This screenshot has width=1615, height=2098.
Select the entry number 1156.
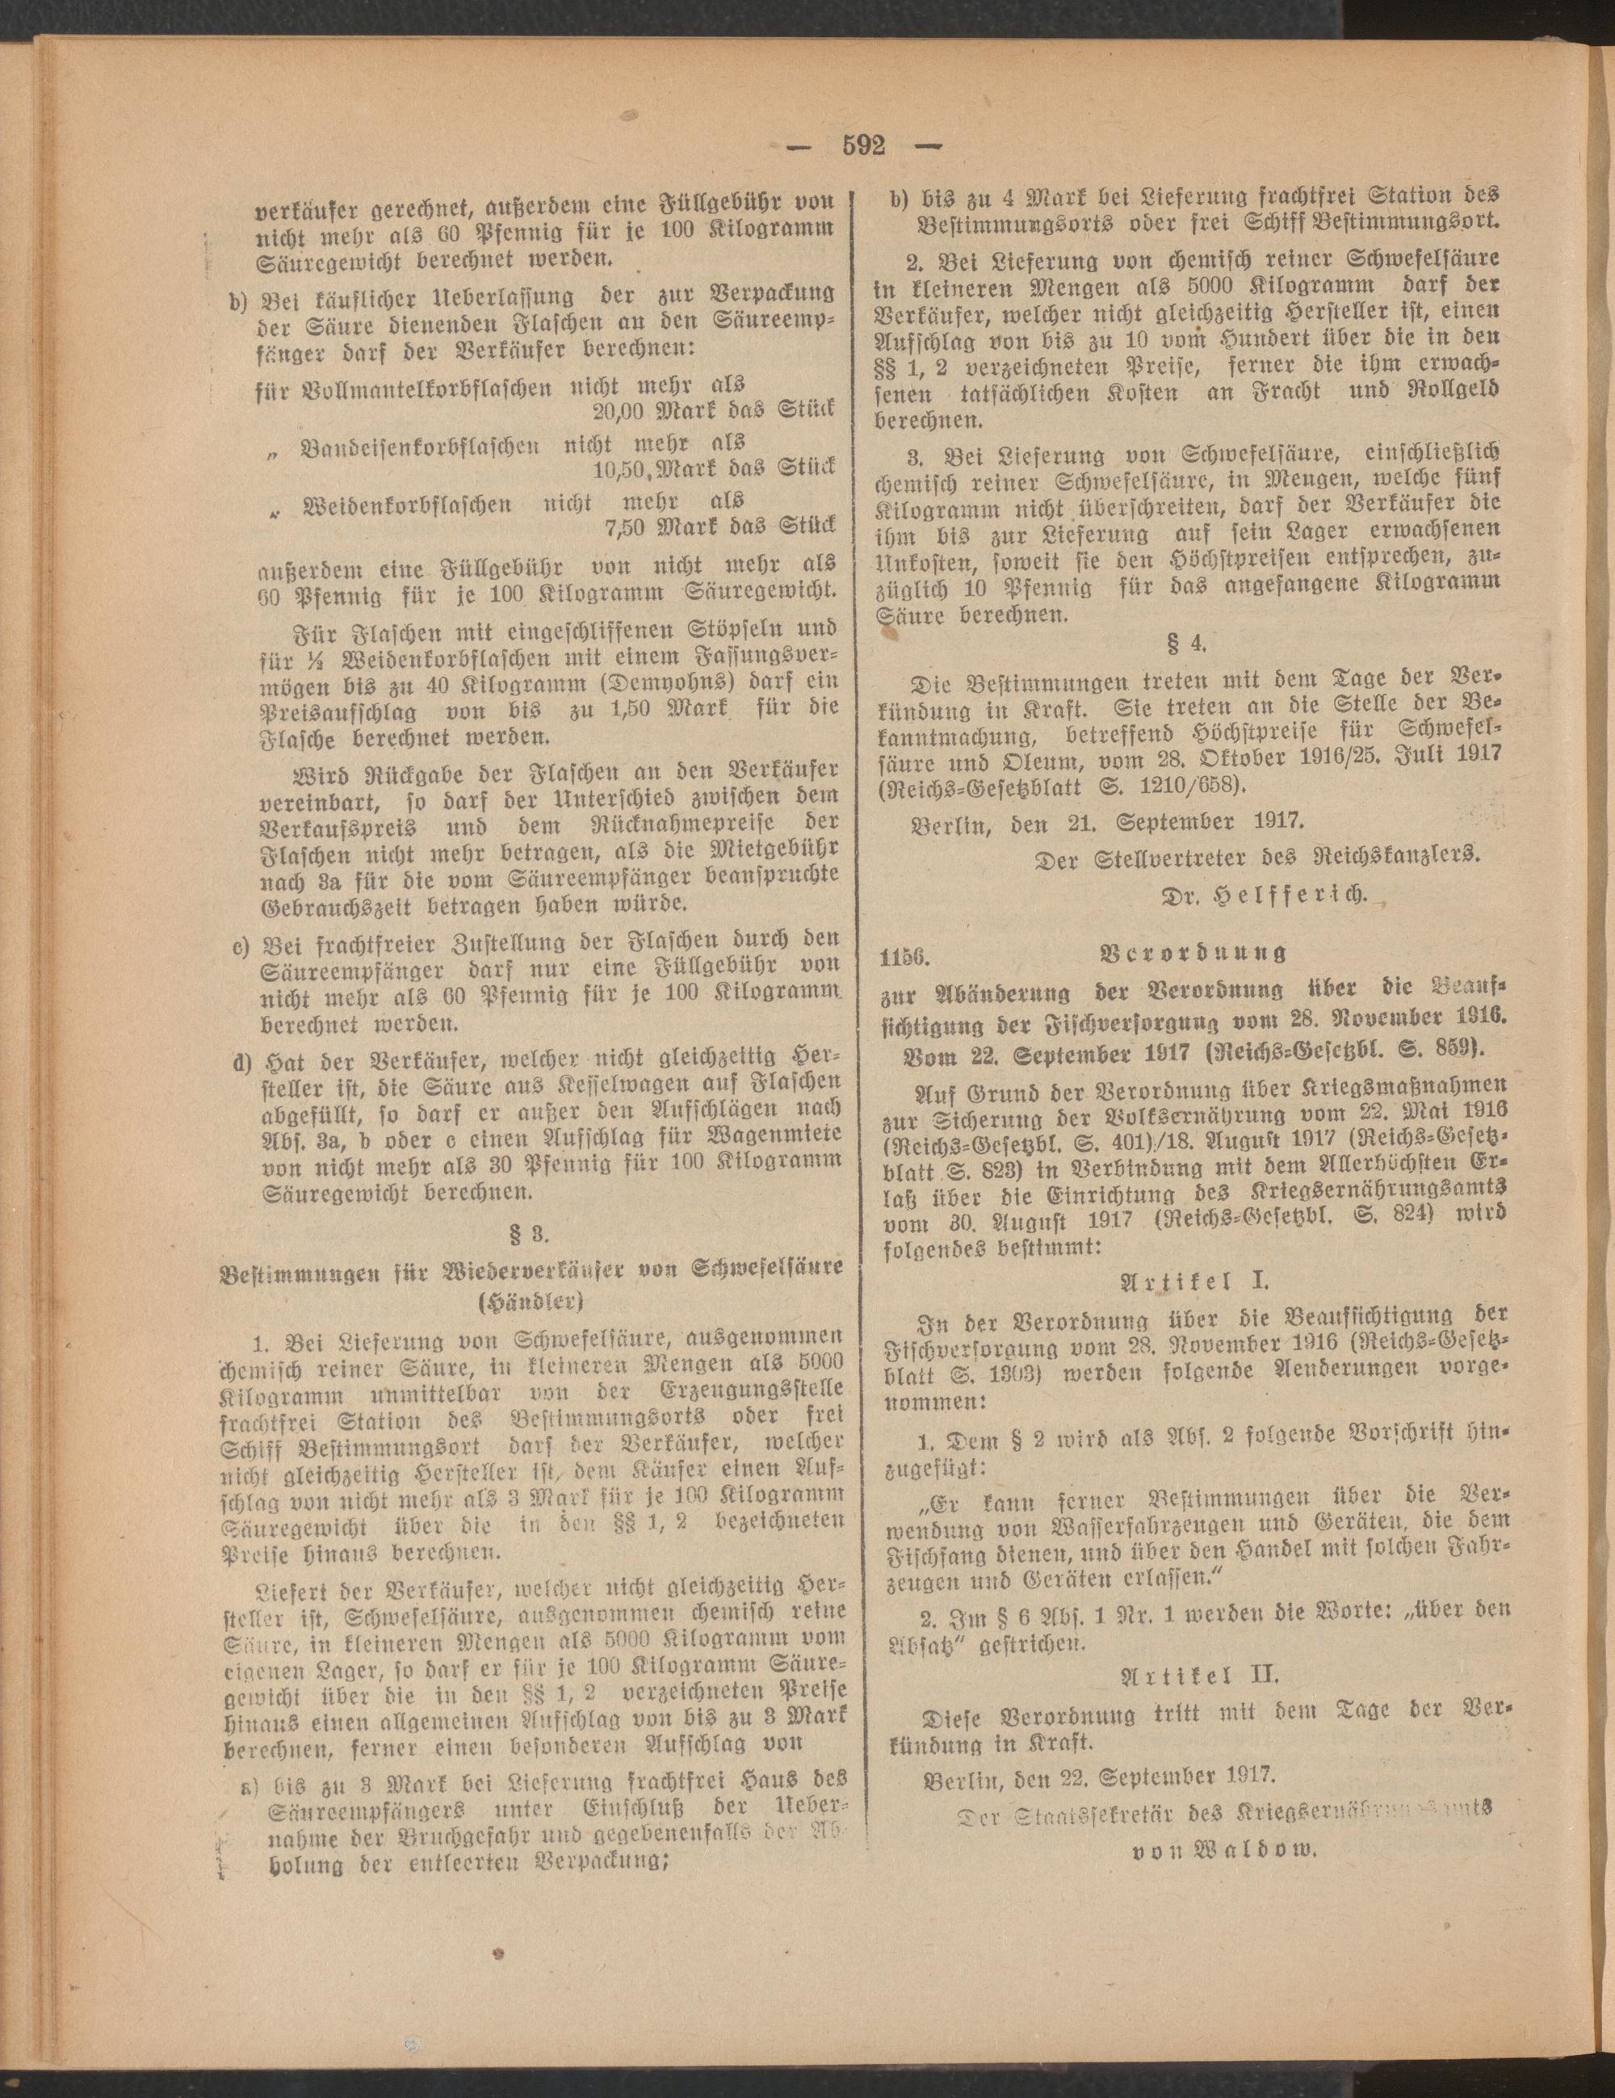(901, 953)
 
